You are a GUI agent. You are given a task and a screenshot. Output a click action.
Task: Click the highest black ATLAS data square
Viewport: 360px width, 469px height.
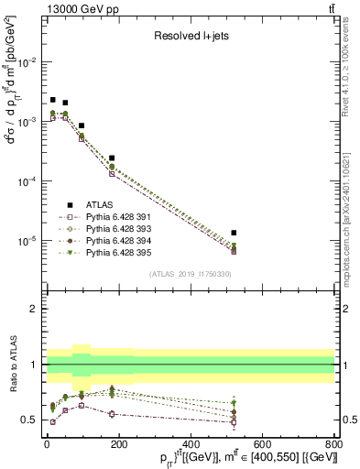click(x=53, y=100)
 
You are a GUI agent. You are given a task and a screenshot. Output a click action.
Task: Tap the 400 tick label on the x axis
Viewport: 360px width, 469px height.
click(x=191, y=445)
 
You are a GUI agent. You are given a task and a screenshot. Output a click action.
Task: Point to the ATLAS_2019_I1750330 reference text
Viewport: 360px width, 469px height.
click(x=191, y=274)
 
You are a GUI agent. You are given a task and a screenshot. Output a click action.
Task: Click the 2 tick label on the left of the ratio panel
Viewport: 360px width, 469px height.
click(x=34, y=310)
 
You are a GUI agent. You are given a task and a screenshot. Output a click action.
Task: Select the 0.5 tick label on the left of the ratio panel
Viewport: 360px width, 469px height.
click(x=30, y=420)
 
